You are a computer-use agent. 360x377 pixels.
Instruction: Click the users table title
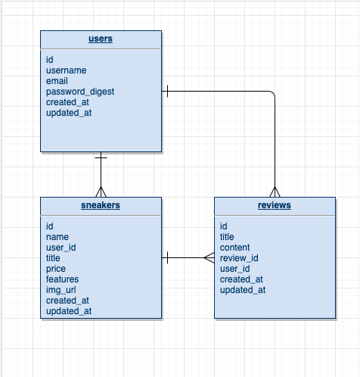(101, 39)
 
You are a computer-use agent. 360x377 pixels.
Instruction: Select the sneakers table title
(101, 205)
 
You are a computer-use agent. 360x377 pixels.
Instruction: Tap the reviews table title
(274, 205)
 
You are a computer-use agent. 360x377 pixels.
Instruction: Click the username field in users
(66, 70)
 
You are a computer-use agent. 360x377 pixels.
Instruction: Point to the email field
(57, 81)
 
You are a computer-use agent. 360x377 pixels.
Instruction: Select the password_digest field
(80, 92)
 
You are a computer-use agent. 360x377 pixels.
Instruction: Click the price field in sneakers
(56, 269)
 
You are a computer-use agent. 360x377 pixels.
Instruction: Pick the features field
(62, 279)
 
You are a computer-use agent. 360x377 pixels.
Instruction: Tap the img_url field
(61, 290)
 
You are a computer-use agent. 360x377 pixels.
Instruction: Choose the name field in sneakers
(57, 237)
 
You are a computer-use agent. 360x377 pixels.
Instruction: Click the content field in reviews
(234, 248)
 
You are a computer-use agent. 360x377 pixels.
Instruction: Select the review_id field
(239, 258)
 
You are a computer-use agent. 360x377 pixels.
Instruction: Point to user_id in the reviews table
(234, 269)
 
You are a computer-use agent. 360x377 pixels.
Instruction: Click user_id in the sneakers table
(61, 248)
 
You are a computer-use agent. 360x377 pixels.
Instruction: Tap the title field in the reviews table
(227, 237)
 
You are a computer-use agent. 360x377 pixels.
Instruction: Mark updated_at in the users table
(69, 113)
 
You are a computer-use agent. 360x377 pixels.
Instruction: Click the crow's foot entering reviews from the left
(209, 258)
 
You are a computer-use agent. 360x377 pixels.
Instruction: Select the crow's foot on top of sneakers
(101, 192)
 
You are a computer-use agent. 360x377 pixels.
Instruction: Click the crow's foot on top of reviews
(274, 192)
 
